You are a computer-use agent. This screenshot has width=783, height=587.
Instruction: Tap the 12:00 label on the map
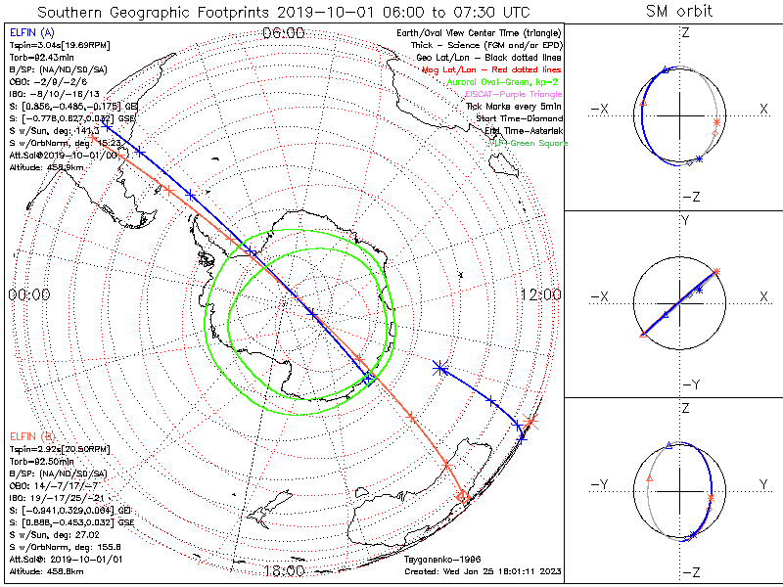click(540, 294)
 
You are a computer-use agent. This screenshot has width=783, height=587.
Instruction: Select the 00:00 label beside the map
click(28, 294)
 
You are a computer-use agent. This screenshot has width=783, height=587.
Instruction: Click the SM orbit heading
click(679, 12)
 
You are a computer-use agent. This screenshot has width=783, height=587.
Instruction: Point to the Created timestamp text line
click(484, 570)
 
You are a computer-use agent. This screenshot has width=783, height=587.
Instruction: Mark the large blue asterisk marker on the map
click(439, 368)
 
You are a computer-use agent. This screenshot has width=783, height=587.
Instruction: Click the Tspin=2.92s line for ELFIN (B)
click(51, 447)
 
